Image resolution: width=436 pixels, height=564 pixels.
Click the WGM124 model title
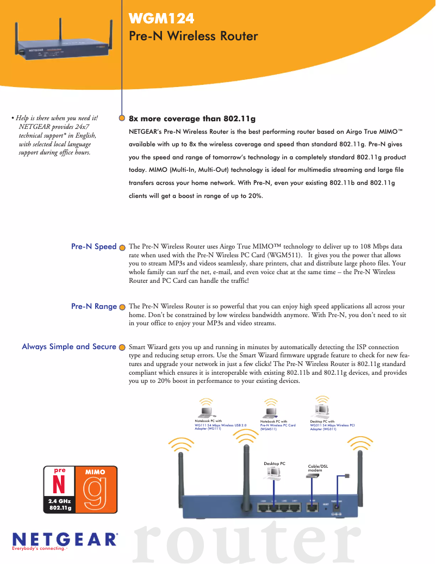click(x=161, y=20)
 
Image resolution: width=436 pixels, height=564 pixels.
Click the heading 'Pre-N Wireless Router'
click(x=193, y=36)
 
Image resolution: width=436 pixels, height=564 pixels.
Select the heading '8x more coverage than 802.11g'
click(x=192, y=119)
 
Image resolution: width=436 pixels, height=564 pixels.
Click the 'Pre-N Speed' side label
click(x=94, y=246)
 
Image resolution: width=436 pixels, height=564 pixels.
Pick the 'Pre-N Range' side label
click(x=94, y=306)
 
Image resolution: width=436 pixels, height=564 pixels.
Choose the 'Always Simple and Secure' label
click(x=68, y=346)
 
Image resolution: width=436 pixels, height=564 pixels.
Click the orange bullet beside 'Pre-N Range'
click(x=122, y=307)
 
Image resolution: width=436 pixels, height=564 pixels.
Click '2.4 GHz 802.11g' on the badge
click(x=60, y=504)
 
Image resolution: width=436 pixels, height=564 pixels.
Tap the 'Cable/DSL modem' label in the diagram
click(x=317, y=467)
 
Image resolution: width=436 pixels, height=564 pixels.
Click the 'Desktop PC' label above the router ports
click(x=275, y=463)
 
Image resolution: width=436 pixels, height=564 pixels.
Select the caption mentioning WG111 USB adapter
click(x=220, y=425)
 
